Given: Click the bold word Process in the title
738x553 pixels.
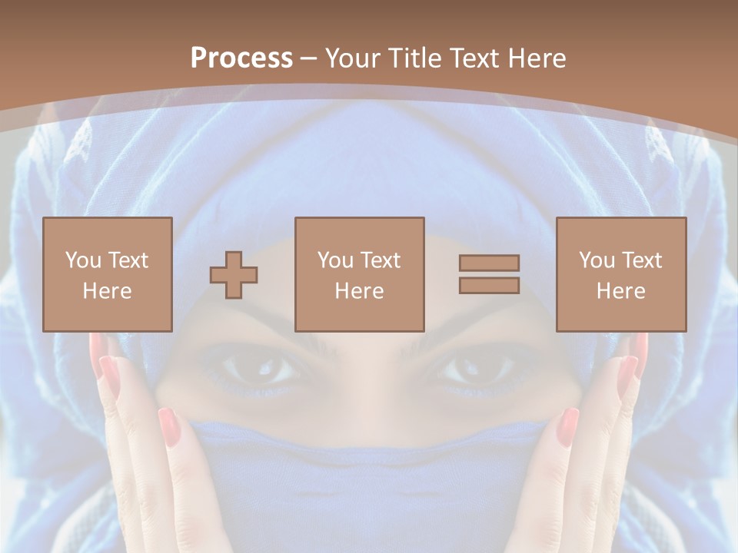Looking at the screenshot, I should pos(241,58).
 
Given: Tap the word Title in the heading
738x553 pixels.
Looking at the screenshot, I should pos(414,58).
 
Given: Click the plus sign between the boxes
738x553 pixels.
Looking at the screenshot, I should pos(234,274).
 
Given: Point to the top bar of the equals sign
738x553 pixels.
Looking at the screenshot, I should pos(489,263).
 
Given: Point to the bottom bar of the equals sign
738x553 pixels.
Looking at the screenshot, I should pos(489,285).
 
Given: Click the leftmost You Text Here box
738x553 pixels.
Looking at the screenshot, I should pos(108,274).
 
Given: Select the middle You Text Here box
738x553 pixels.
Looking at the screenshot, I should pos(359,274).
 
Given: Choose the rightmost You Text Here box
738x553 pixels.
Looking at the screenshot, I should pos(620,274).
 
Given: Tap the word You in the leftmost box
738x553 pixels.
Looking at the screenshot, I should pos(82,260).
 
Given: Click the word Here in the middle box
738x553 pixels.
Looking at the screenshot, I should pos(359,291).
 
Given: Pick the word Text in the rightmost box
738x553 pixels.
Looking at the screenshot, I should pos(643,260).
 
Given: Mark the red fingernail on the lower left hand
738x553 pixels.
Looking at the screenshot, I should pos(169,426).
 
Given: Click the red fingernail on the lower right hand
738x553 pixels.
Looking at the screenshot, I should pos(567,426).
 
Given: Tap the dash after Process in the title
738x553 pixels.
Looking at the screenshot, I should pos(309,58).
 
